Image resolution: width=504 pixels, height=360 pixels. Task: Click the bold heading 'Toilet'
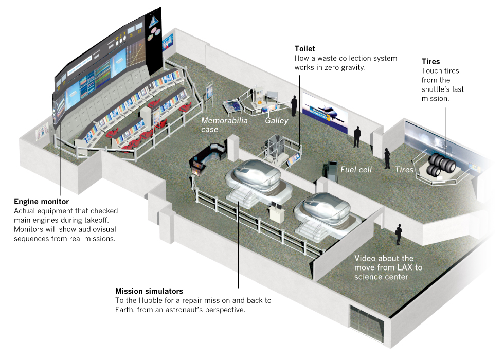(x=305, y=49)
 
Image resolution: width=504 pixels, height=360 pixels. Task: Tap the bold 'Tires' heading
(x=430, y=62)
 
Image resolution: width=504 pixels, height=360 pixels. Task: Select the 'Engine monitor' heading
(x=42, y=202)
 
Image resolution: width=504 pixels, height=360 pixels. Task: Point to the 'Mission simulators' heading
(x=149, y=291)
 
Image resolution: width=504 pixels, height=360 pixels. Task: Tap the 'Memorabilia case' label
(x=224, y=125)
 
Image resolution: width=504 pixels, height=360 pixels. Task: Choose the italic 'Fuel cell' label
(x=356, y=169)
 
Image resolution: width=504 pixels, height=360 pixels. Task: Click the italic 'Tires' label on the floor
(x=404, y=169)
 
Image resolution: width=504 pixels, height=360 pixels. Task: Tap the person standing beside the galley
(x=294, y=105)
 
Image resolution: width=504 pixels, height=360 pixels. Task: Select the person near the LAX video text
(x=398, y=235)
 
